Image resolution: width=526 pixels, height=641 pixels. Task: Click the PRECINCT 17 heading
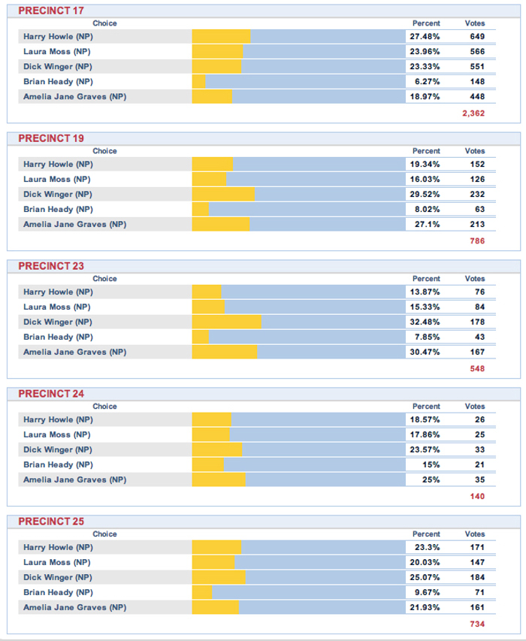(50, 11)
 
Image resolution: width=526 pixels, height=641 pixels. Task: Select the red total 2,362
(473, 113)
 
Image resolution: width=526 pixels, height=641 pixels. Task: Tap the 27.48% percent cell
(425, 36)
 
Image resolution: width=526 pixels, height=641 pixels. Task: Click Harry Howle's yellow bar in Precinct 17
(221, 36)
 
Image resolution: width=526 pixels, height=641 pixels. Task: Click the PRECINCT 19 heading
(50, 138)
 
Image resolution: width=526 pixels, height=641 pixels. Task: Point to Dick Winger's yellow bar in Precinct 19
(223, 194)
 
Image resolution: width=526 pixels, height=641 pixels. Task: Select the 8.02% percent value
(425, 209)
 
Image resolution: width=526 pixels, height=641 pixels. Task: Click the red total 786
(476, 241)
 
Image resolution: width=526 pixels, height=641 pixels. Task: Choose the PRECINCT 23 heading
(50, 266)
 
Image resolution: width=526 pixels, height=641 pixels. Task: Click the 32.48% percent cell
(425, 322)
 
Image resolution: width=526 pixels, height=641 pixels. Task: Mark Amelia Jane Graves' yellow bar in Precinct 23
(224, 352)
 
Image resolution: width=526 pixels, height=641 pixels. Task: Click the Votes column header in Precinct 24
(475, 407)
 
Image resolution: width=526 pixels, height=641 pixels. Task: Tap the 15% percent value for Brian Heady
(429, 464)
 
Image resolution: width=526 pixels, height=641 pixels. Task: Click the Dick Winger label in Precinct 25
(57, 577)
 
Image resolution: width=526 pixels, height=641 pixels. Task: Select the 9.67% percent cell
(426, 592)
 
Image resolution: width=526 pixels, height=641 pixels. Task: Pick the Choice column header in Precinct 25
(104, 534)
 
